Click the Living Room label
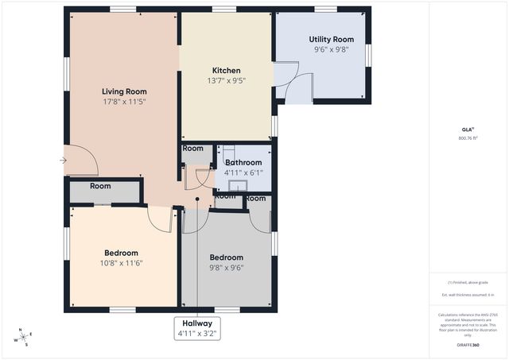(123, 91)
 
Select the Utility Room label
(331, 39)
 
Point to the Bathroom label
(243, 162)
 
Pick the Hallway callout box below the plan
(196, 328)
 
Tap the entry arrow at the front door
(63, 161)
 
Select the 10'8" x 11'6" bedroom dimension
(122, 263)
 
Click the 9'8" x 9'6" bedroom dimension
(226, 268)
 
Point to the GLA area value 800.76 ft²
(468, 137)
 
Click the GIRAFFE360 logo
(468, 345)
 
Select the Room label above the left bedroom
(100, 186)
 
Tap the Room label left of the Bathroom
(192, 148)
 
